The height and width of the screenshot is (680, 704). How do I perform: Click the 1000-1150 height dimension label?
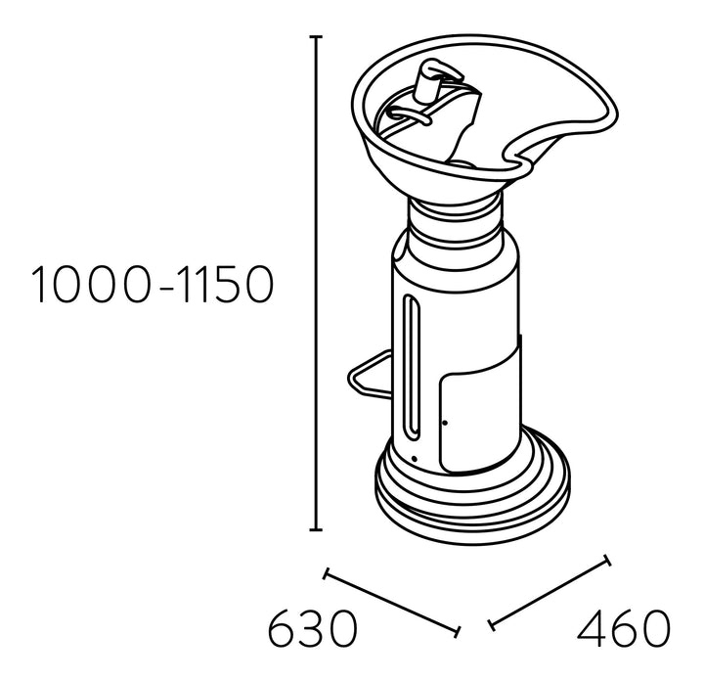click(x=153, y=285)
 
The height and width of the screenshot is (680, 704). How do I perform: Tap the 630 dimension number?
click(x=313, y=628)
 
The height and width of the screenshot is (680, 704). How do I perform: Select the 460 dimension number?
click(x=623, y=628)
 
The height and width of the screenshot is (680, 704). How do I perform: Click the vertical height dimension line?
click(x=316, y=283)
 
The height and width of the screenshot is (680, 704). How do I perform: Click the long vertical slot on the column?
click(x=412, y=367)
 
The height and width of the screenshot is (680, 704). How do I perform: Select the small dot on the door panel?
click(x=445, y=423)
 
